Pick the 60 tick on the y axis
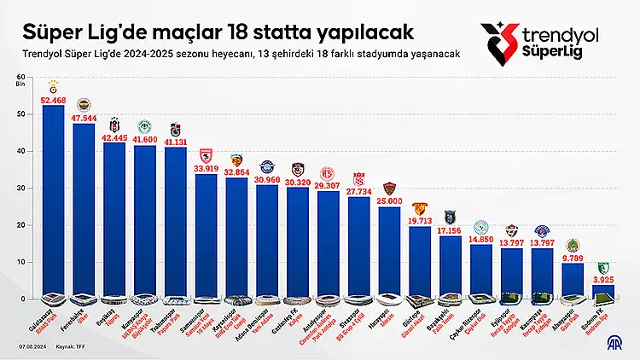21,78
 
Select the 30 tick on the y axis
21,189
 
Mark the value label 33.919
206,169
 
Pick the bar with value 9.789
574,281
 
